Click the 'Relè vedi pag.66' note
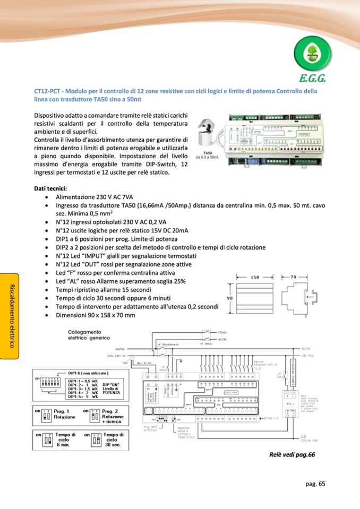pyautogui.click(x=292, y=454)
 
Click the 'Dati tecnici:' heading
pyautogui.click(x=50, y=188)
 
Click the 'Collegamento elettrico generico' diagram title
pyautogui.click(x=89, y=334)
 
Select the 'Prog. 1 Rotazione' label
pyautogui.click(x=63, y=414)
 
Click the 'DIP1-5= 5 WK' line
pyautogui.click(x=83, y=396)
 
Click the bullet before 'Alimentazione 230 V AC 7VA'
pyautogui.click(x=48, y=196)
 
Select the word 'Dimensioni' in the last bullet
pyautogui.click(x=72, y=315)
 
